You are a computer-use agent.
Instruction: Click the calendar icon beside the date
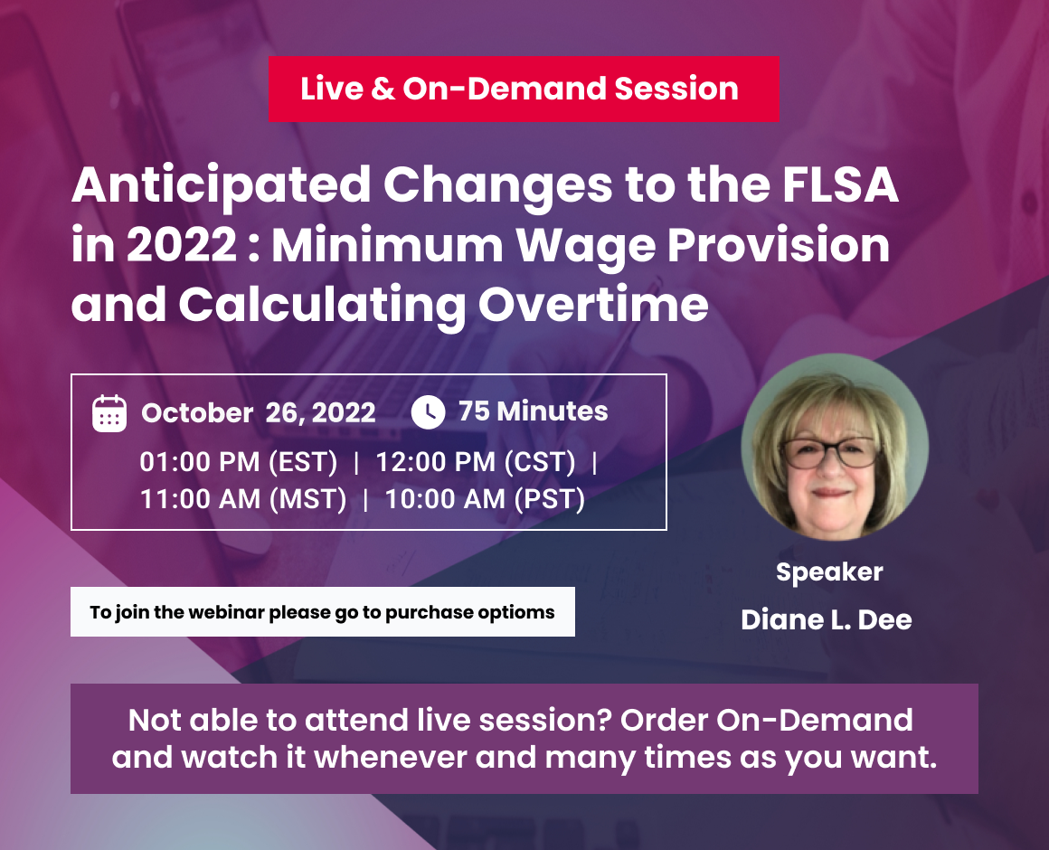109,413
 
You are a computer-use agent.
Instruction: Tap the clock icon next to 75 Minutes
428,412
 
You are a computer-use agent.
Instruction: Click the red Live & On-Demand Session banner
524,89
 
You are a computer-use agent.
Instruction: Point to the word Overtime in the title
592,305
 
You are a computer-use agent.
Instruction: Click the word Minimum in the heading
387,245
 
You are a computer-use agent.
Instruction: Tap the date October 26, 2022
259,412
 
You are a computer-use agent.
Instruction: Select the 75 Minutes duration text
534,411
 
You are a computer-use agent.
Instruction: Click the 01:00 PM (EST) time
239,462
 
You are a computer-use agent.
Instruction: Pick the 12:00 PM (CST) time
476,462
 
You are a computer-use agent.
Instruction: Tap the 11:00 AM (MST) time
243,499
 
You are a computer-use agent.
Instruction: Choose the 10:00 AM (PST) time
485,499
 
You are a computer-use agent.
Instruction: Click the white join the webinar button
323,612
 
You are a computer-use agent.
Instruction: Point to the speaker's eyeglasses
829,453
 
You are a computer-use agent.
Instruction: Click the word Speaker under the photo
829,572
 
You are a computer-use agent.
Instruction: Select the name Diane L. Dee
827,620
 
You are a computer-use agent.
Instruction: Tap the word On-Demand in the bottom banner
815,721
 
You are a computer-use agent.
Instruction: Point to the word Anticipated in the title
222,185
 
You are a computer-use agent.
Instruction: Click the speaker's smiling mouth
831,493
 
